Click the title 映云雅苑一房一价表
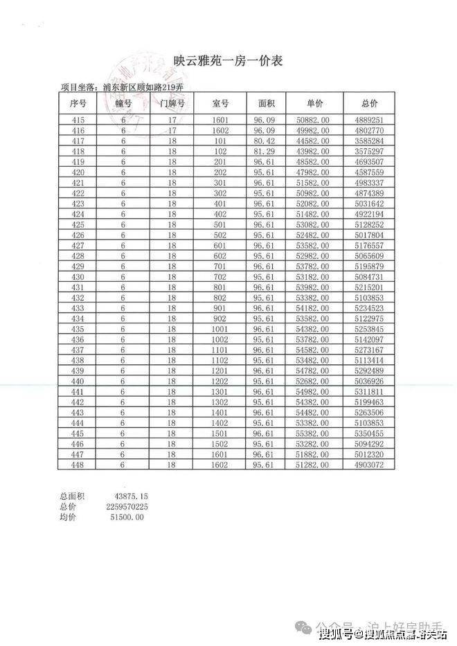pyautogui.click(x=228, y=62)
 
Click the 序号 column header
pyautogui.click(x=78, y=103)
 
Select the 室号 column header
pyautogui.click(x=221, y=103)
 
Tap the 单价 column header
pyautogui.click(x=314, y=103)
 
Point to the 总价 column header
pyautogui.click(x=369, y=103)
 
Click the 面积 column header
pyautogui.click(x=267, y=103)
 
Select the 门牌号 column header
pyautogui.click(x=172, y=103)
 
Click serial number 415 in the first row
pyautogui.click(x=78, y=120)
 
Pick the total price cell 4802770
pyautogui.click(x=369, y=130)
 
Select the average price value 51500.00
pyautogui.click(x=125, y=517)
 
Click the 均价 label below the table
pyautogui.click(x=68, y=517)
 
